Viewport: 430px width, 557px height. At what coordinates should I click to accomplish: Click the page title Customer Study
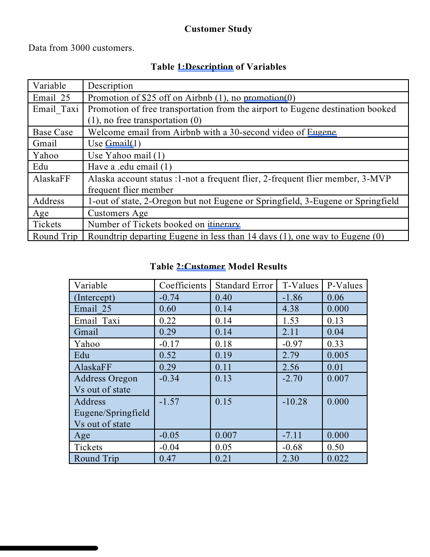click(x=218, y=29)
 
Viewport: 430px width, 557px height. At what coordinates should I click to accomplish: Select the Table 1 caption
click(x=218, y=67)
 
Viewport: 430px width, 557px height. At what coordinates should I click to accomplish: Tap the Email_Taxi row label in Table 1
click(x=56, y=109)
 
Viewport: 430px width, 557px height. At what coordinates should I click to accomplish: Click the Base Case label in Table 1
click(x=53, y=132)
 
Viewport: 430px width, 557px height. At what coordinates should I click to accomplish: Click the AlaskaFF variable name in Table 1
click(x=51, y=179)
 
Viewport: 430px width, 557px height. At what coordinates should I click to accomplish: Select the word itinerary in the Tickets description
click(x=224, y=224)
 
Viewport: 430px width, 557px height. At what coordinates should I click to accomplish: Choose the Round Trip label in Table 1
click(x=55, y=236)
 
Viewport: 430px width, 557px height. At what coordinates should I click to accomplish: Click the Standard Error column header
click(x=244, y=285)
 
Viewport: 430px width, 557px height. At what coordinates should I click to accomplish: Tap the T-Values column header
click(x=300, y=285)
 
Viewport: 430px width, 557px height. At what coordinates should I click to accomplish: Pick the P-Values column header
click(x=345, y=285)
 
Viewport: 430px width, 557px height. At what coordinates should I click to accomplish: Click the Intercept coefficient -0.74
click(x=169, y=297)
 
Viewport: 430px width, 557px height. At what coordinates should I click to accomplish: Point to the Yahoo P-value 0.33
click(x=335, y=344)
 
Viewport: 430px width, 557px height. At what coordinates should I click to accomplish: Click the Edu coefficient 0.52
click(x=167, y=355)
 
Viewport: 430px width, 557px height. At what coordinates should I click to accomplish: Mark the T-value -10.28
click(x=294, y=402)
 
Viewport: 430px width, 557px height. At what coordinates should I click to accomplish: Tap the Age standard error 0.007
click(x=226, y=435)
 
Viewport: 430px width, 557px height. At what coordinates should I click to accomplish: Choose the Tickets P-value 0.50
click(x=335, y=447)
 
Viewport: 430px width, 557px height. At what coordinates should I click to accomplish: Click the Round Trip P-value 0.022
click(x=338, y=458)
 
